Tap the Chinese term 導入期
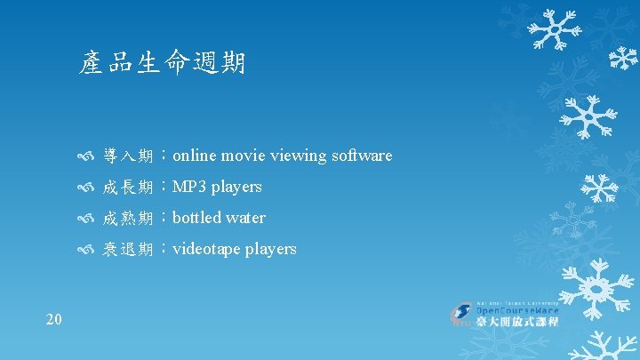[x=128, y=156]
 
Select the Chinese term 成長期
[x=128, y=188]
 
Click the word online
[x=194, y=156]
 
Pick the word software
[x=361, y=156]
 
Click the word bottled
[x=196, y=218]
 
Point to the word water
[x=245, y=218]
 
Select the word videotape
[x=205, y=249]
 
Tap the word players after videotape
[x=269, y=250]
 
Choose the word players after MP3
[x=236, y=188]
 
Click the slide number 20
[x=53, y=319]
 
